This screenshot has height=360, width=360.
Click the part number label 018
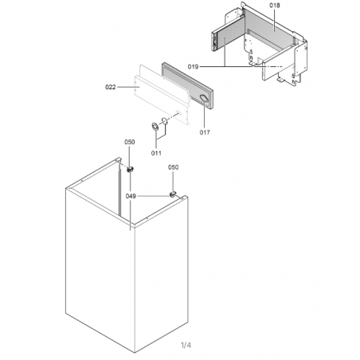[x=275, y=6]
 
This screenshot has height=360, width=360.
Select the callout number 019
[x=193, y=67]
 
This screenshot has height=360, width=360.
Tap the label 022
[x=111, y=87]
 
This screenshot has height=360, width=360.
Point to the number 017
[x=205, y=132]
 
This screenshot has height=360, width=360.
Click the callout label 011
[x=156, y=153]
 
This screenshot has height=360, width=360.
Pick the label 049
[x=131, y=196]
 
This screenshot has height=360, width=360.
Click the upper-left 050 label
[x=130, y=142]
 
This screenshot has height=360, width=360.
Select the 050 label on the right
[x=173, y=167]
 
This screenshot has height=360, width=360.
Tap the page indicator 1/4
[x=186, y=345]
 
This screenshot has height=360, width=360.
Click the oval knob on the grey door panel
[x=204, y=98]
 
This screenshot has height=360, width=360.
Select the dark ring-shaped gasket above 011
[x=155, y=127]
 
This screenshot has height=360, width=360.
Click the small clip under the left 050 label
[x=130, y=169]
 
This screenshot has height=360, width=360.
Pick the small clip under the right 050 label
[x=173, y=194]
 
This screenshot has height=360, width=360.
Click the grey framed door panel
[x=187, y=86]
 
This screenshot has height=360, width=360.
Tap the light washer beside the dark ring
[x=164, y=121]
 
